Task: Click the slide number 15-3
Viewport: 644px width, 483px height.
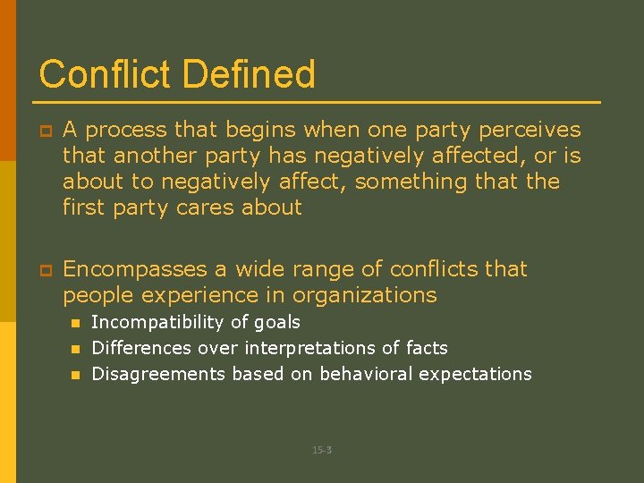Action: coord(322,450)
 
